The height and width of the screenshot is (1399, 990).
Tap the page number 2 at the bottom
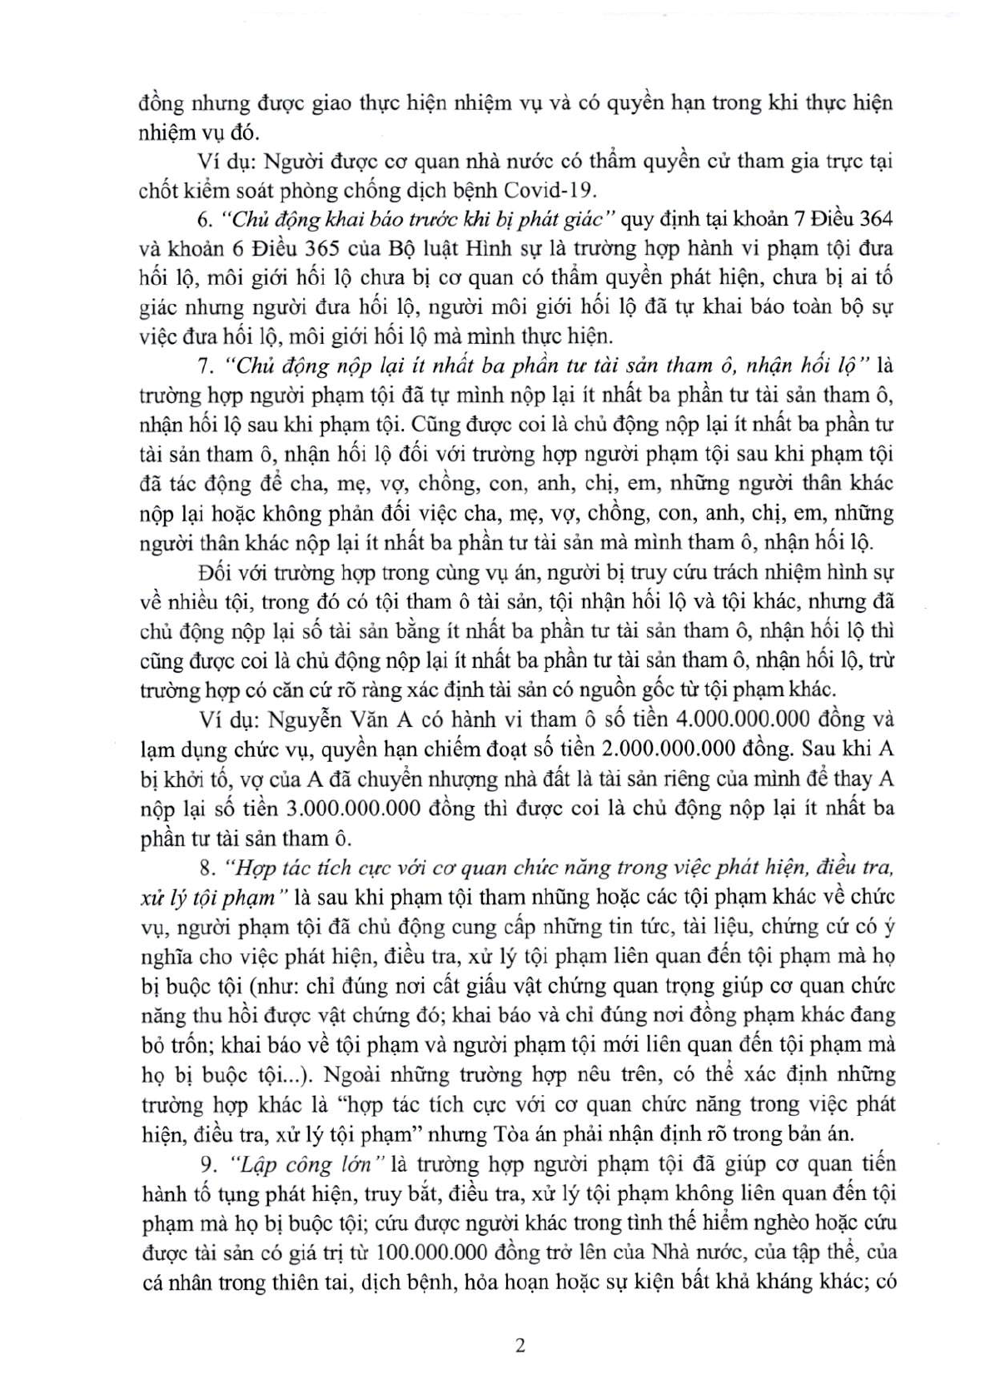coord(520,1347)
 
